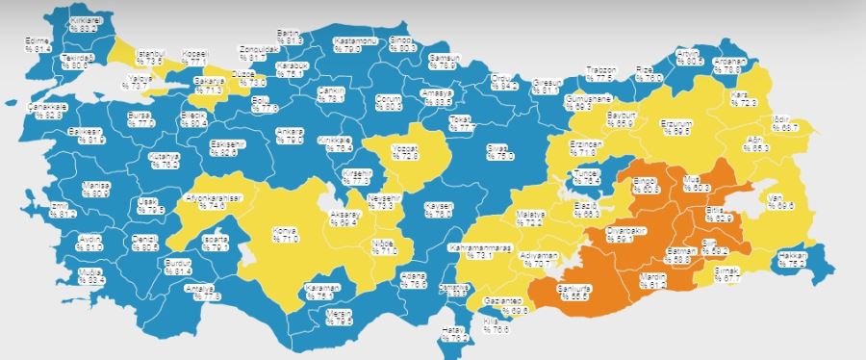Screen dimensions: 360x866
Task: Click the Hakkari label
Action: click(x=791, y=256)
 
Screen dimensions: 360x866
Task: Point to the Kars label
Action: click(x=742, y=97)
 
